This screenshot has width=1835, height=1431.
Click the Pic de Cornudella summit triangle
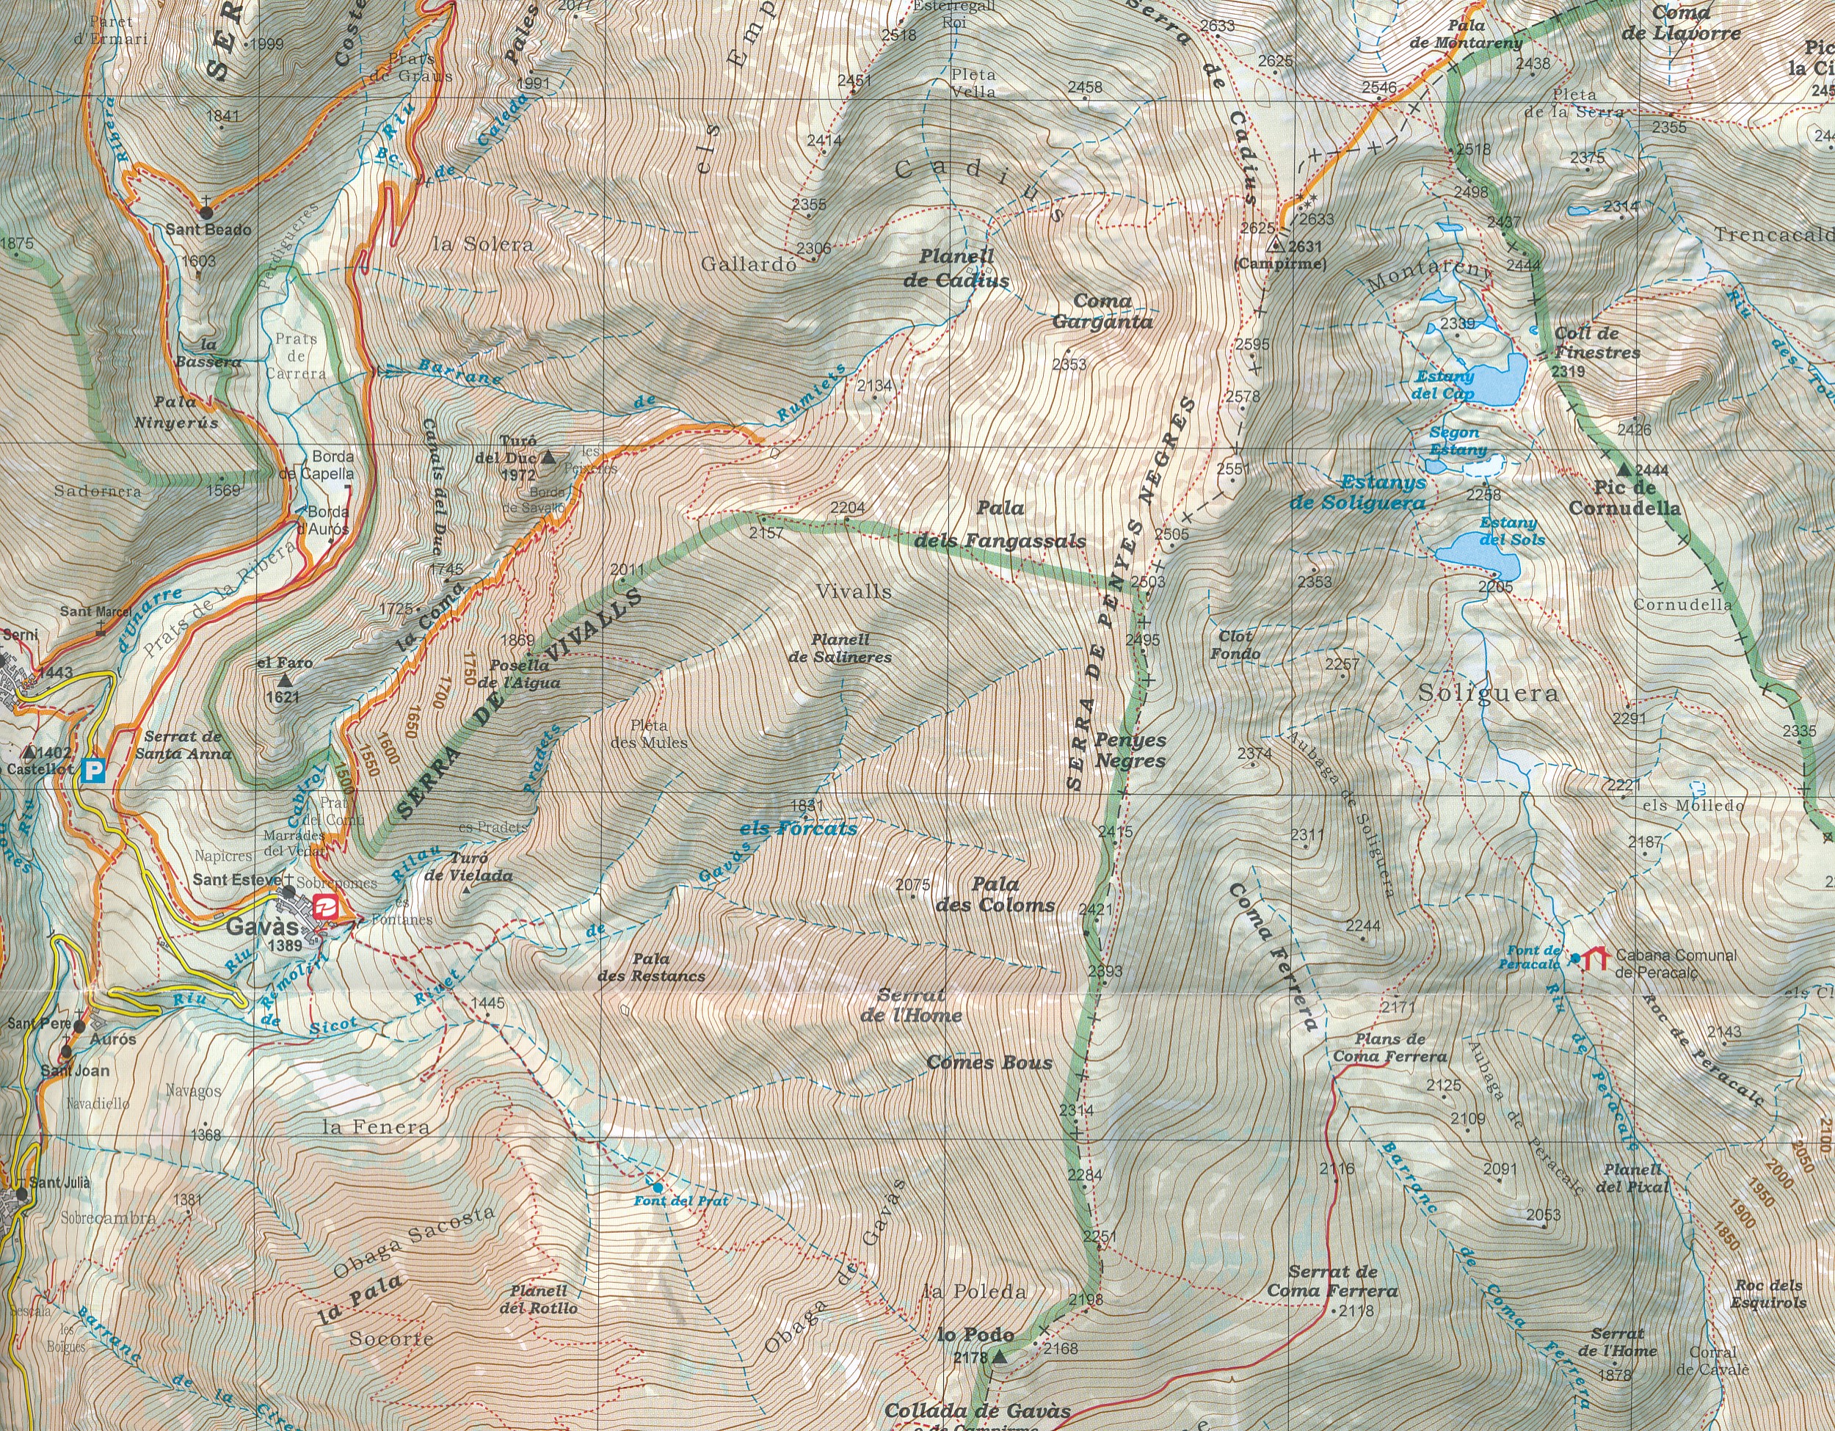(1624, 470)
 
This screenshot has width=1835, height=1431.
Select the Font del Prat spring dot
(657, 1187)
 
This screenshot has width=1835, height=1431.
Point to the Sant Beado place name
(208, 229)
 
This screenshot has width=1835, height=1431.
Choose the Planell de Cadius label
(956, 269)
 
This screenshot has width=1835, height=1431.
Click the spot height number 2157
(766, 534)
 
